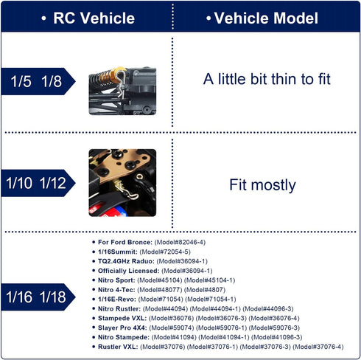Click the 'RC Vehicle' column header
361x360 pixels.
(94, 18)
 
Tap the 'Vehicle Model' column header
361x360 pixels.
(266, 18)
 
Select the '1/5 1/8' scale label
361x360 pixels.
(36, 81)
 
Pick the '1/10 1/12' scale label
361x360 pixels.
(36, 183)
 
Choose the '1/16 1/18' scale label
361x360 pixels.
(36, 297)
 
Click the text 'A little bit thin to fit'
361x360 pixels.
(267, 79)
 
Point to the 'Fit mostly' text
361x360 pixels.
(262, 185)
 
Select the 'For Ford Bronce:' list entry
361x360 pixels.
(125, 242)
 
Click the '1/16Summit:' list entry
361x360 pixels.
(118, 252)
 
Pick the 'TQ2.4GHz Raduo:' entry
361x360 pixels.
(126, 261)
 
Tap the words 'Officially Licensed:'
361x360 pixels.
(129, 271)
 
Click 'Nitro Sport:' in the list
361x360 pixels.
(116, 280)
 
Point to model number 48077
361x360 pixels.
(160, 290)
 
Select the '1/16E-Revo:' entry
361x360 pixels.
(117, 299)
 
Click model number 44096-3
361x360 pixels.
(268, 308)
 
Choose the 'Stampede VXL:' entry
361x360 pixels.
(122, 318)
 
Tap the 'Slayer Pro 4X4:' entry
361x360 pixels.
(122, 328)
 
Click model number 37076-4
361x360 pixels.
(319, 347)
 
